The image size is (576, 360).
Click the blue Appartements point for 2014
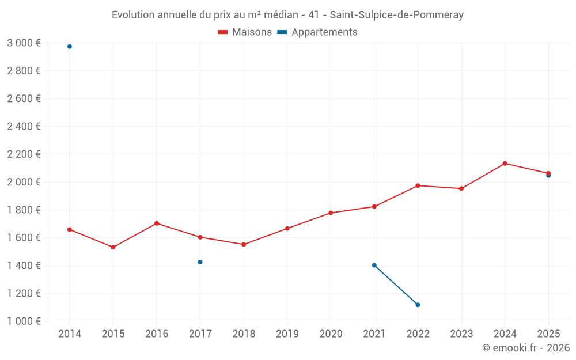(70, 47)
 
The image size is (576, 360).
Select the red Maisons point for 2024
(505, 164)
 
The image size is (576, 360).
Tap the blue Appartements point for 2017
(200, 262)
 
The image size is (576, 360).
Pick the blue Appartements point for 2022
(418, 305)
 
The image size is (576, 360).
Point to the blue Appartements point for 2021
(374, 266)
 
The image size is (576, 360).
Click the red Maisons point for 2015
(113, 247)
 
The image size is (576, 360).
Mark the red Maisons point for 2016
(157, 223)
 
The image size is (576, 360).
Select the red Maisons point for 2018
(244, 244)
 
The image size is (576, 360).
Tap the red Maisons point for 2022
(418, 185)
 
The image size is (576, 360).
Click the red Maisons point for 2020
(331, 213)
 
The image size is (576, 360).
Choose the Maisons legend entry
(245, 32)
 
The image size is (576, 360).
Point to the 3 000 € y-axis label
(24, 43)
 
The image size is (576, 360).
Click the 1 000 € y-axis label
(24, 321)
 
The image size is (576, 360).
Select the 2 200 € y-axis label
(24, 154)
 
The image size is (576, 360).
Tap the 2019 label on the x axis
(287, 334)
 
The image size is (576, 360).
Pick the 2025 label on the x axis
(548, 334)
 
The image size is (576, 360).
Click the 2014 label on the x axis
(70, 334)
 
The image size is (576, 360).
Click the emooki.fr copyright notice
(525, 348)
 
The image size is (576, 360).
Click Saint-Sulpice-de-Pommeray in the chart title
(396, 15)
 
